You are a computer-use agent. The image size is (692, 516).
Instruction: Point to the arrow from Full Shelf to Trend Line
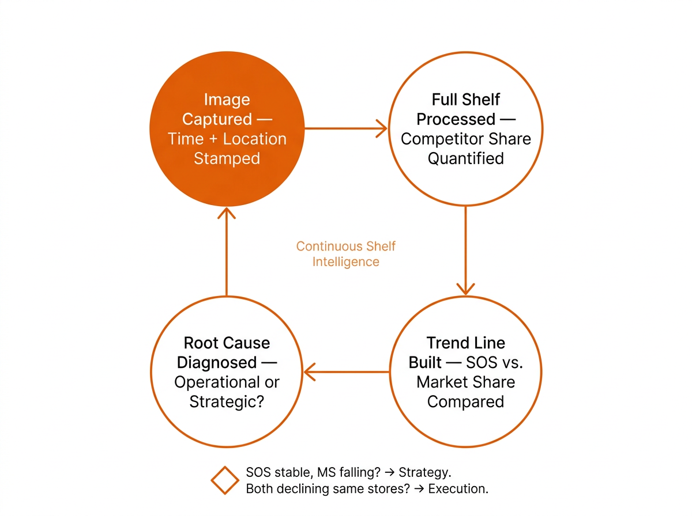coord(465,248)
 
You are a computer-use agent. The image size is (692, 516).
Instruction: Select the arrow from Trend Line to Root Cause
coord(346,372)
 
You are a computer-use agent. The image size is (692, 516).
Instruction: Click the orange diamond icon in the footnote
coord(225,480)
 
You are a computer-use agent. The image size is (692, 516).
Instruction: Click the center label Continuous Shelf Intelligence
coord(346,254)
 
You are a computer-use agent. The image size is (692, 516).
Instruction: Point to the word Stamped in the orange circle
coord(227,158)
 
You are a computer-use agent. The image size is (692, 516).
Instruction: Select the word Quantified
coord(465,158)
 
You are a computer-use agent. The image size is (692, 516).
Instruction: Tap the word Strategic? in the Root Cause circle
coord(227,401)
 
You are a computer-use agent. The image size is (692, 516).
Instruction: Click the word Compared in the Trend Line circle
coord(465,401)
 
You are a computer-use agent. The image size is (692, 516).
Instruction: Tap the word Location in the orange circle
coord(254,139)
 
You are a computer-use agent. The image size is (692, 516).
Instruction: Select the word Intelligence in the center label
coord(346,262)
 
